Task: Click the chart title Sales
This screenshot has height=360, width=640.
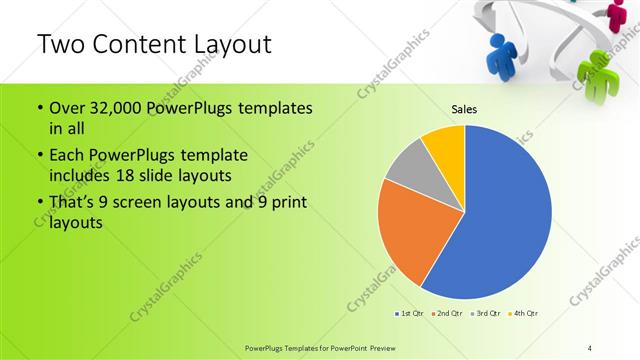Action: (x=463, y=108)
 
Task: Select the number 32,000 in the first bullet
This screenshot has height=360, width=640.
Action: (x=114, y=107)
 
